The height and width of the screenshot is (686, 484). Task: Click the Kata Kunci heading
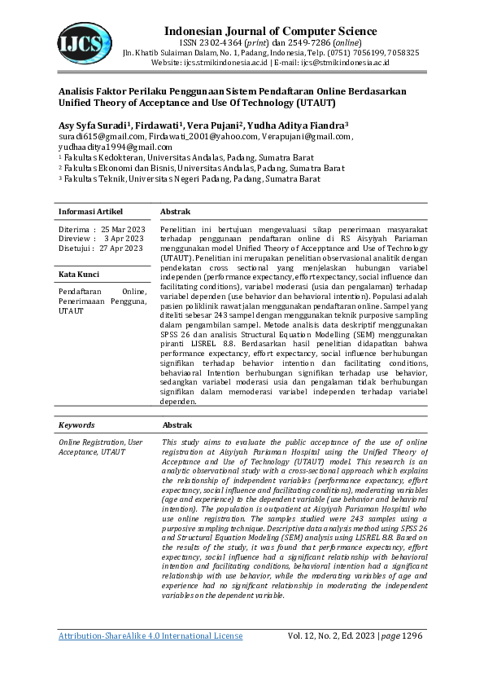(x=79, y=275)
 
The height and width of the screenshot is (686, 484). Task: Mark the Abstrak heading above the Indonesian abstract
(x=175, y=212)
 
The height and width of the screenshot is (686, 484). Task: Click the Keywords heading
(x=76, y=425)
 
